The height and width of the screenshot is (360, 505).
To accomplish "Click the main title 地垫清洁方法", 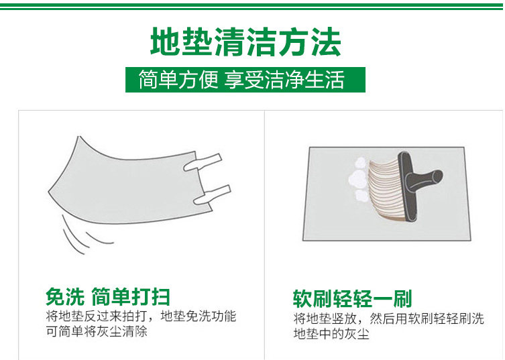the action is pyautogui.click(x=245, y=42).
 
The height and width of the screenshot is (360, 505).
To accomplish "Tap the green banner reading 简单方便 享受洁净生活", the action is pyautogui.click(x=245, y=80).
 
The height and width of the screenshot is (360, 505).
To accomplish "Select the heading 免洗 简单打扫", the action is pyautogui.click(x=107, y=296).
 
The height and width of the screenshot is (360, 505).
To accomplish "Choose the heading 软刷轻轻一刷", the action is pyautogui.click(x=352, y=299).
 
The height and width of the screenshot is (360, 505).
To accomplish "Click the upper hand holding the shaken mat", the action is pyautogui.click(x=203, y=162).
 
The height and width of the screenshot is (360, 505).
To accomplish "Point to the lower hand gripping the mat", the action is pyautogui.click(x=212, y=195).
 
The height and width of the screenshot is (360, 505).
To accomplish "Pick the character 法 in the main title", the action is pyautogui.click(x=326, y=42).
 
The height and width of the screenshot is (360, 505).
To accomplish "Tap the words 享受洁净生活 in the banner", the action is pyautogui.click(x=284, y=80).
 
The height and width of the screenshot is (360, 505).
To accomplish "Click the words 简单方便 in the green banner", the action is pyautogui.click(x=178, y=80).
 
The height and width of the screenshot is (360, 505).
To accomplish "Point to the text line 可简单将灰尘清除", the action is pyautogui.click(x=97, y=331).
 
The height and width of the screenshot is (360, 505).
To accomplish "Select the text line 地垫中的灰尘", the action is pyautogui.click(x=331, y=334).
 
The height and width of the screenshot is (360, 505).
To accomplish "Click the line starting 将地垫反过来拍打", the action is pyautogui.click(x=141, y=316).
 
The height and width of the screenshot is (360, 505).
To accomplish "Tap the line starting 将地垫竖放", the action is pyautogui.click(x=389, y=318).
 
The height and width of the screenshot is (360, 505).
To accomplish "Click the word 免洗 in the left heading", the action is pyautogui.click(x=65, y=296).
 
